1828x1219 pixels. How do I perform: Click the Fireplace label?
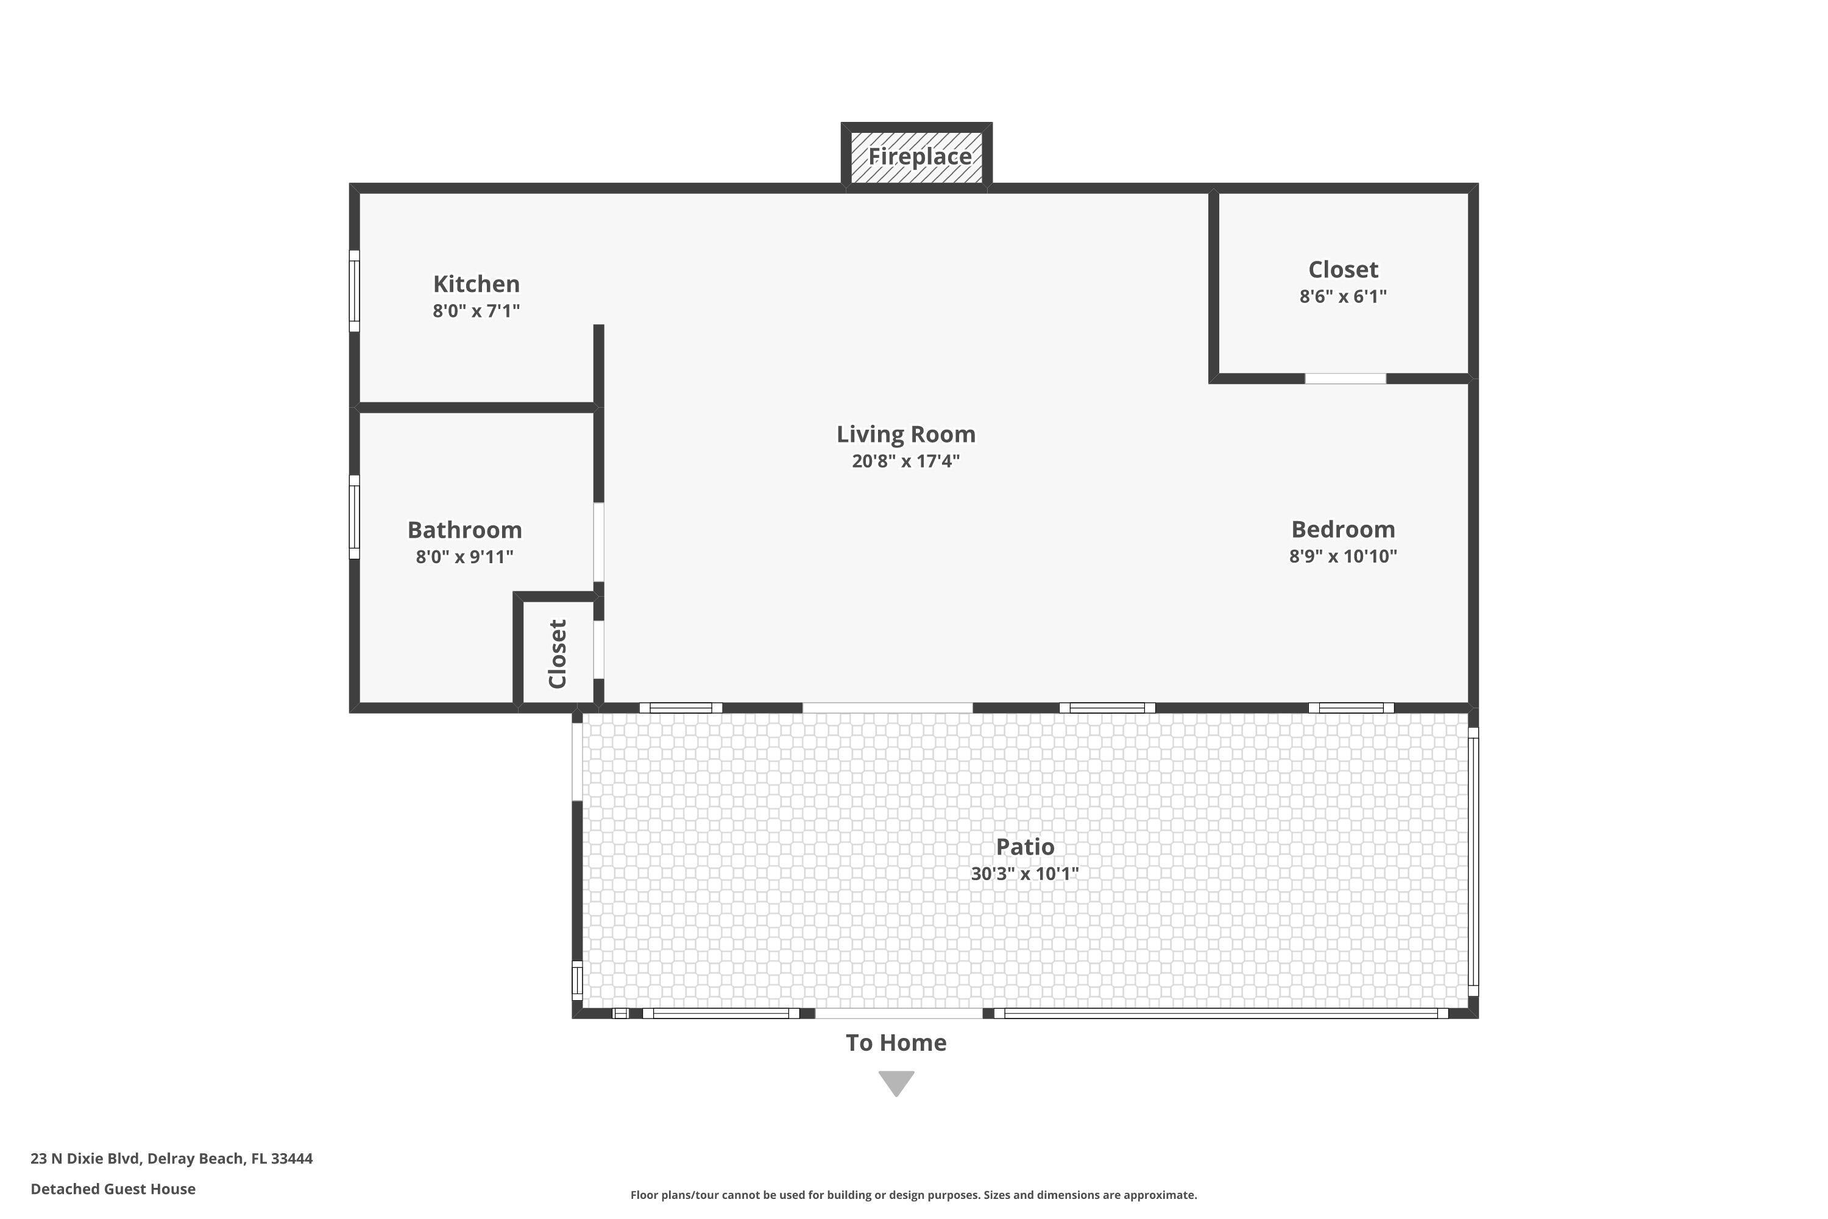[919, 156]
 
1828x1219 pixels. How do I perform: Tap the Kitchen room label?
[476, 284]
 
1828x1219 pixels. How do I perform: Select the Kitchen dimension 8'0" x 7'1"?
[476, 311]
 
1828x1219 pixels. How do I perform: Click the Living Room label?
[905, 434]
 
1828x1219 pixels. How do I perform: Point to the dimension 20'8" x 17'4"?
[905, 461]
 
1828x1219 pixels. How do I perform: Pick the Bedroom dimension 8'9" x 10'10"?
[1342, 556]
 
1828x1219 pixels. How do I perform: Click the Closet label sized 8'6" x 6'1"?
[1342, 270]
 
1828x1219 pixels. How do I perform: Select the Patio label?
[1024, 846]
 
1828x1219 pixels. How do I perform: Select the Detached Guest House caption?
[113, 1189]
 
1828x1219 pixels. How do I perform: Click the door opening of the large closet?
[1345, 378]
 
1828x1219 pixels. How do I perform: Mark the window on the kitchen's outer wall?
[355, 290]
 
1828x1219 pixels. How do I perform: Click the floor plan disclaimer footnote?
[913, 1195]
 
